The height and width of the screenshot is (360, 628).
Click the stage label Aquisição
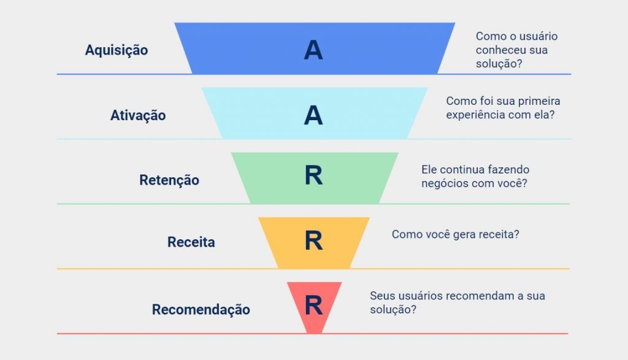(117, 50)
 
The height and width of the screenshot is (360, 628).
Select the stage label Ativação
(138, 115)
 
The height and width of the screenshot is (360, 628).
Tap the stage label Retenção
(169, 180)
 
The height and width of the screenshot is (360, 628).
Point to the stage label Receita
(191, 242)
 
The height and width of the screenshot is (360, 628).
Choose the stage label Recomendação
(201, 310)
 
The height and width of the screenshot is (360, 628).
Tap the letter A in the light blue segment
(313, 115)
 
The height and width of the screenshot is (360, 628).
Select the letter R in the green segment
(313, 177)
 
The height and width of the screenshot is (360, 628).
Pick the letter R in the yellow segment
(313, 241)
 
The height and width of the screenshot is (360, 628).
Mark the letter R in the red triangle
(313, 305)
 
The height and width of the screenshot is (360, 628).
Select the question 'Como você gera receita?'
(455, 234)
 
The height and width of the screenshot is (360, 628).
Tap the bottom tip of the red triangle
(314, 332)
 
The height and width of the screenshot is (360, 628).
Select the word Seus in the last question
(381, 296)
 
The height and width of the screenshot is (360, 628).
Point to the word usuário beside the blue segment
(537, 37)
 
